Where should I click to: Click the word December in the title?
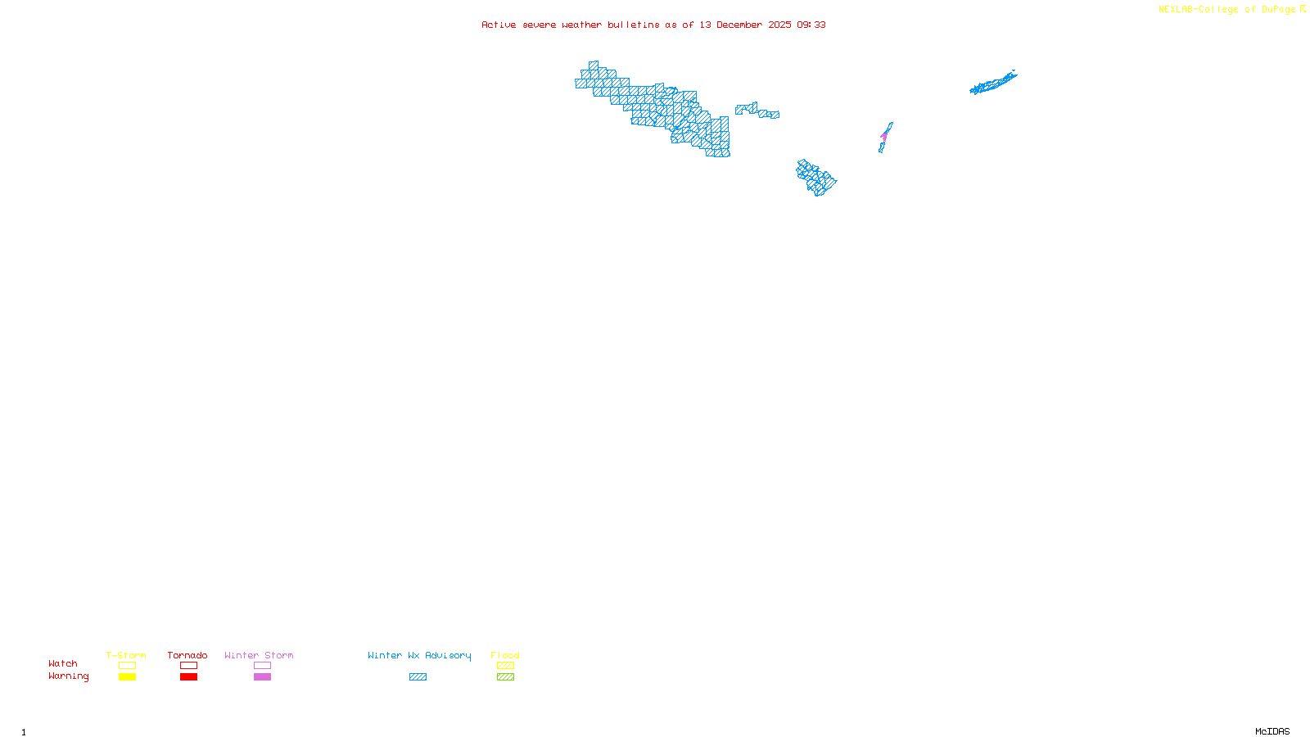[739, 25]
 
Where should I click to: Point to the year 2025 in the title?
[779, 25]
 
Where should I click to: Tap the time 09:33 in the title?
[811, 25]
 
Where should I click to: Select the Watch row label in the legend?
[63, 664]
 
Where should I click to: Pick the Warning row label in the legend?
[68, 676]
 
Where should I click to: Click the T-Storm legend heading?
[126, 655]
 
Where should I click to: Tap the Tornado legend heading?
[187, 655]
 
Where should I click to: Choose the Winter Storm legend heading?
[259, 655]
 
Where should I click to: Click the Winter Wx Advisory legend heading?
[419, 655]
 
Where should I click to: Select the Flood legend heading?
[505, 655]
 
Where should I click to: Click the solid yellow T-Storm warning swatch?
[127, 677]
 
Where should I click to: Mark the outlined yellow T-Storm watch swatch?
[127, 666]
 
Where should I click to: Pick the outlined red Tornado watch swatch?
[188, 666]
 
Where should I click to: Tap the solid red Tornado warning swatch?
[188, 677]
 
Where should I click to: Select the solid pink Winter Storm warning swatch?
[262, 677]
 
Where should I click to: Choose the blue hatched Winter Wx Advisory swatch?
[418, 677]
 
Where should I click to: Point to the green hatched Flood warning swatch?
[505, 677]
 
